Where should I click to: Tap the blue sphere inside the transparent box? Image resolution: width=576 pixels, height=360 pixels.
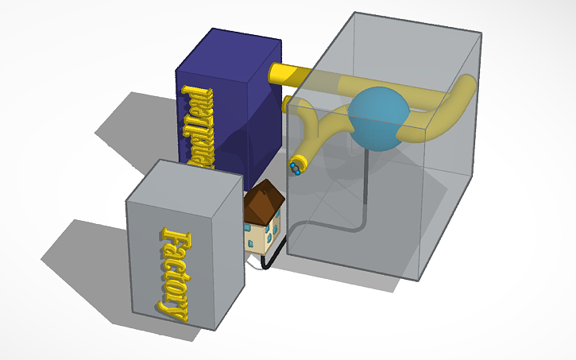pos(377,118)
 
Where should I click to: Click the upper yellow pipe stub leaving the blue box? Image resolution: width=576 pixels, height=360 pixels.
pos(286,74)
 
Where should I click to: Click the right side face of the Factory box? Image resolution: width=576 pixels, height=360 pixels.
pos(227,254)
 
